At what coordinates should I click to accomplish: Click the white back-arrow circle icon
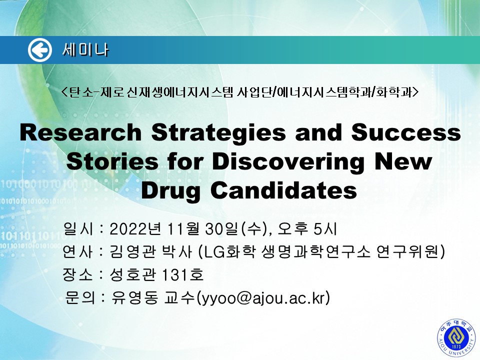click(x=40, y=50)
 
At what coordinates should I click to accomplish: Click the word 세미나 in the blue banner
click(x=85, y=50)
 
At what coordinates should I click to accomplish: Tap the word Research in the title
click(x=80, y=132)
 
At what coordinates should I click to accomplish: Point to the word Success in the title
click(x=406, y=132)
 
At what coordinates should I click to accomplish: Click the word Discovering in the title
click(x=288, y=162)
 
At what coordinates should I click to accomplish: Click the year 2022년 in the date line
click(x=135, y=228)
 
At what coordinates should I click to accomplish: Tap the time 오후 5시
click(x=307, y=228)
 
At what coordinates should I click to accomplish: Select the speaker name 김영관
click(x=132, y=251)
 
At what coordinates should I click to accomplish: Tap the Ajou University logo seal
click(x=456, y=338)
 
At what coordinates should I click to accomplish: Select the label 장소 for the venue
click(x=77, y=274)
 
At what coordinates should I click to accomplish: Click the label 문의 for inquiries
click(x=80, y=297)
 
